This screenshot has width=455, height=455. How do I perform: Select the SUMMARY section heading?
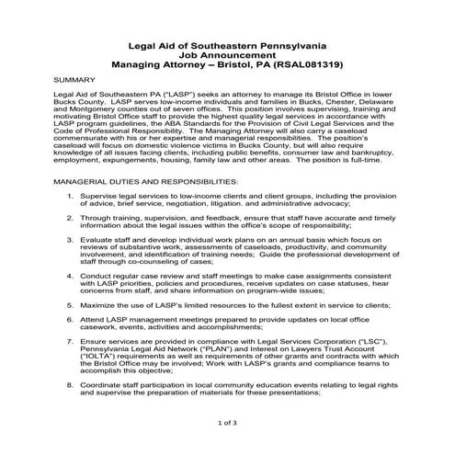[77, 81]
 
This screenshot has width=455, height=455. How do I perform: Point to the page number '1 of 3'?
[227, 424]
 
